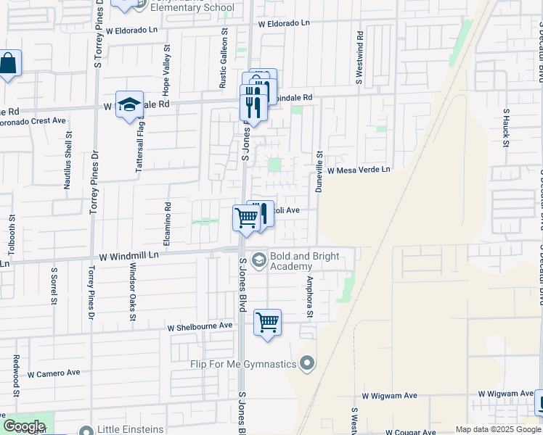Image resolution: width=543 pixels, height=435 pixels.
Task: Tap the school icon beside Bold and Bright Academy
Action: coord(258,259)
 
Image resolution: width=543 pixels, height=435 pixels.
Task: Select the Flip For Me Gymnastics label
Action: coord(244,364)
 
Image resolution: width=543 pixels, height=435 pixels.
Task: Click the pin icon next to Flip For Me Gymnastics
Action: coord(307,362)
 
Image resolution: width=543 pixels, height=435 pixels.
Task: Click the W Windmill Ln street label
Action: coord(128,256)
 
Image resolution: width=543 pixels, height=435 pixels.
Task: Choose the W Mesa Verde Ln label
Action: coord(359,170)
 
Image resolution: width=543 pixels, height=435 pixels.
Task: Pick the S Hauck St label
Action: coord(506,127)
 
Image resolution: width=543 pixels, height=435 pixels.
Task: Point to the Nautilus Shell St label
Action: coord(67,159)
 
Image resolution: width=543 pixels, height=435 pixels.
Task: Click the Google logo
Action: coord(24,426)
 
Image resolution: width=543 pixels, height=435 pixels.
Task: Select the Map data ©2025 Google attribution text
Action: coord(498,429)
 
